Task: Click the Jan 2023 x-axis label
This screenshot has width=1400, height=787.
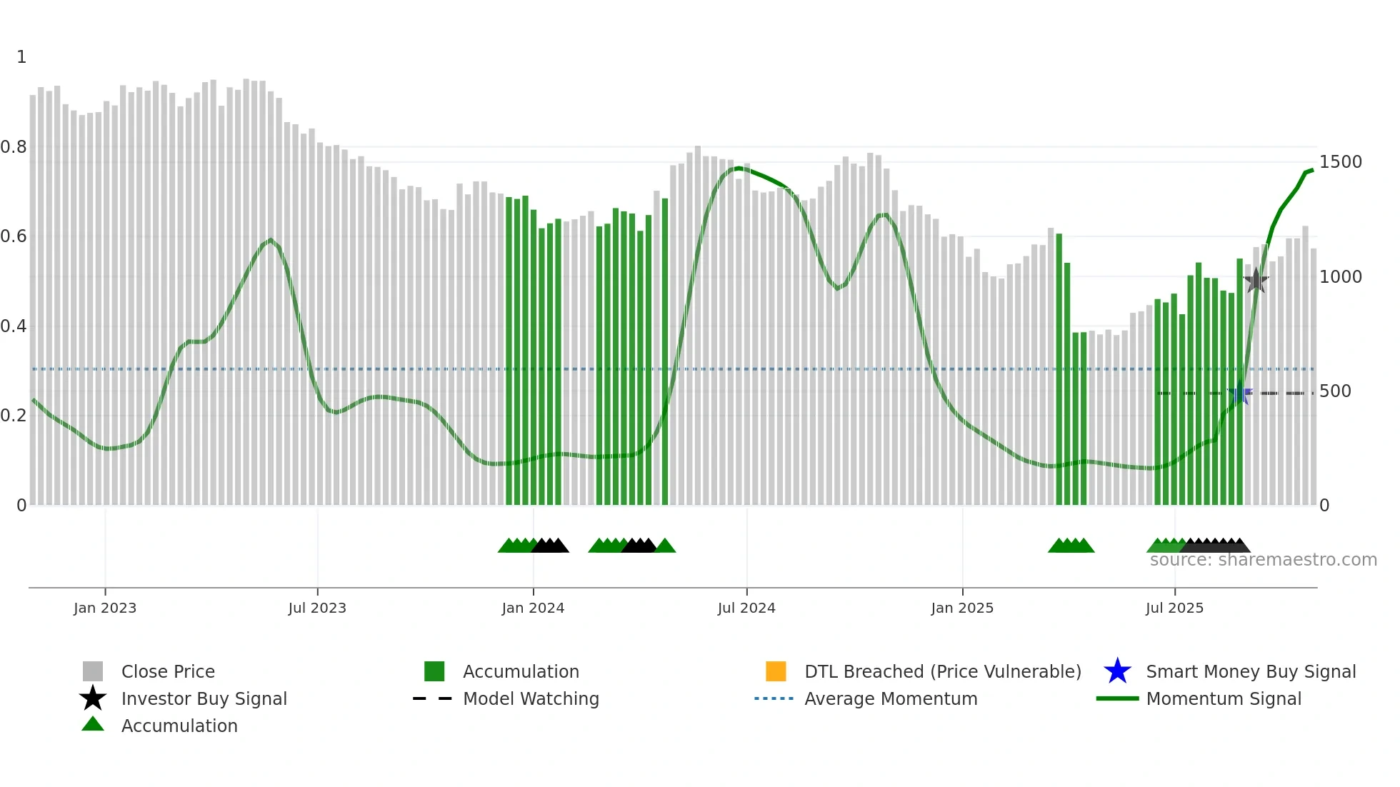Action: (105, 608)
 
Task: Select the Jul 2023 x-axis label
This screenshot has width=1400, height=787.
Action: (317, 608)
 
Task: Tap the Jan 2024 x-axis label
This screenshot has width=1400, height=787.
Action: (533, 608)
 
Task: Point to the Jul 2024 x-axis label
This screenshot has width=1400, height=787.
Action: (746, 608)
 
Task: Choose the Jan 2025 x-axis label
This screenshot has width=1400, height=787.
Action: (962, 608)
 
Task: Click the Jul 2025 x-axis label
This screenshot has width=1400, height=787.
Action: (1174, 608)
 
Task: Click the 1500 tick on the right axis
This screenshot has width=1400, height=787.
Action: (1340, 162)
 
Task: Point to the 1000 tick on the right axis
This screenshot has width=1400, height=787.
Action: (1340, 277)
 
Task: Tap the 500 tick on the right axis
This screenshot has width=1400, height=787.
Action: (1335, 391)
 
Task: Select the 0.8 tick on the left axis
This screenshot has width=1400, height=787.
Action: (14, 147)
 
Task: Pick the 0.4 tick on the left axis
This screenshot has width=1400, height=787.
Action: (14, 326)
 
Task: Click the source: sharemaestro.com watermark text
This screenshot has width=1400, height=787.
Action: (1263, 560)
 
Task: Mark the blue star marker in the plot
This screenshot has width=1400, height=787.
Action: (1241, 393)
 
